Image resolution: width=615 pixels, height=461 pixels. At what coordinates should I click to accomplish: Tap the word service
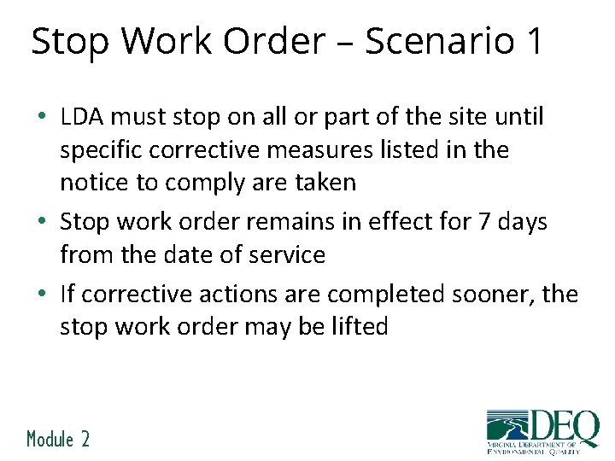tap(286, 254)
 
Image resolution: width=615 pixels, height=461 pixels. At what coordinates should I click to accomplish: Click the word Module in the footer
tap(50, 439)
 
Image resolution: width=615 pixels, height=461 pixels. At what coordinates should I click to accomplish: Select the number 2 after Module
tap(85, 439)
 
